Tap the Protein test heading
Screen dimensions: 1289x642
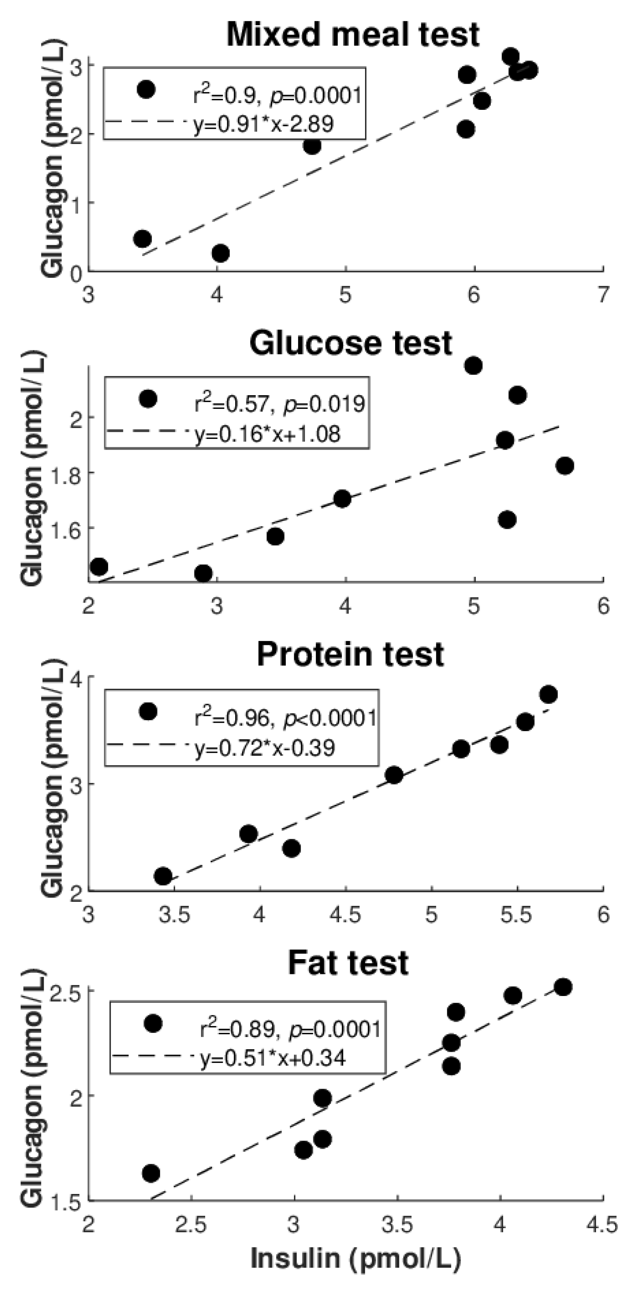pyautogui.click(x=350, y=654)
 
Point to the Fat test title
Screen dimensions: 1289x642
pyautogui.click(x=348, y=962)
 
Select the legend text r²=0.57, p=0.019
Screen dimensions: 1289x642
pyautogui.click(x=280, y=403)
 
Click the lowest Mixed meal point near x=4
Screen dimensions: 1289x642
pyautogui.click(x=220, y=253)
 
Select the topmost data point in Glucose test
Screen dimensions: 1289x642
pyautogui.click(x=473, y=366)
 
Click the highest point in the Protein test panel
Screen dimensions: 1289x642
pyautogui.click(x=549, y=694)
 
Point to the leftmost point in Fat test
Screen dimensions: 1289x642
pyautogui.click(x=151, y=1173)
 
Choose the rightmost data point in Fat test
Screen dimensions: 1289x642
pyautogui.click(x=563, y=987)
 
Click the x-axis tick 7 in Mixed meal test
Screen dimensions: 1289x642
pyautogui.click(x=604, y=295)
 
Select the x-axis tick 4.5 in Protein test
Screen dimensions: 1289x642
pyautogui.click(x=345, y=914)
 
